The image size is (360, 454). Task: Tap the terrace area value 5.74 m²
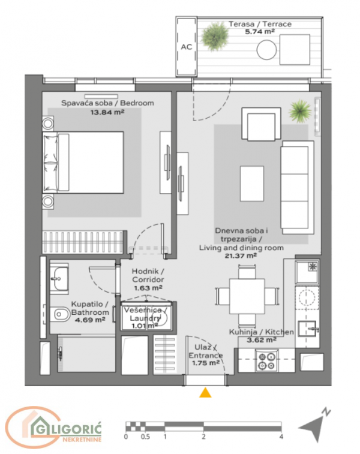pyautogui.click(x=259, y=32)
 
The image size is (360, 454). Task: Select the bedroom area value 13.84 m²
pyautogui.click(x=107, y=112)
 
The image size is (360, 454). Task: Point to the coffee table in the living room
pyautogui.click(x=252, y=180)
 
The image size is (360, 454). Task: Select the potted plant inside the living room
pyautogui.click(x=299, y=110)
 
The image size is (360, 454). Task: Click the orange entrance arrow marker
pyautogui.click(x=206, y=393)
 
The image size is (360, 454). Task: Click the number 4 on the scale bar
pyautogui.click(x=281, y=437)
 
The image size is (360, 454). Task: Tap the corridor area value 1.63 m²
pyautogui.click(x=146, y=288)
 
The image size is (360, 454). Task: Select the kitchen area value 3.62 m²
pyautogui.click(x=262, y=339)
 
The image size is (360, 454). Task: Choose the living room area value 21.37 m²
pyautogui.click(x=241, y=255)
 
